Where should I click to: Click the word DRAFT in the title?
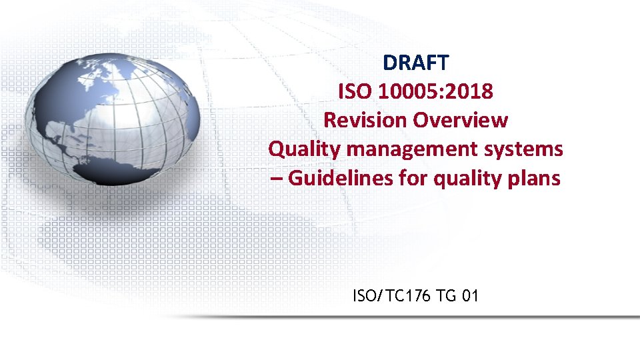pyautogui.click(x=416, y=63)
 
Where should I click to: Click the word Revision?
pyautogui.click(x=365, y=120)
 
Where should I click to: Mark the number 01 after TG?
pyautogui.click(x=469, y=295)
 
